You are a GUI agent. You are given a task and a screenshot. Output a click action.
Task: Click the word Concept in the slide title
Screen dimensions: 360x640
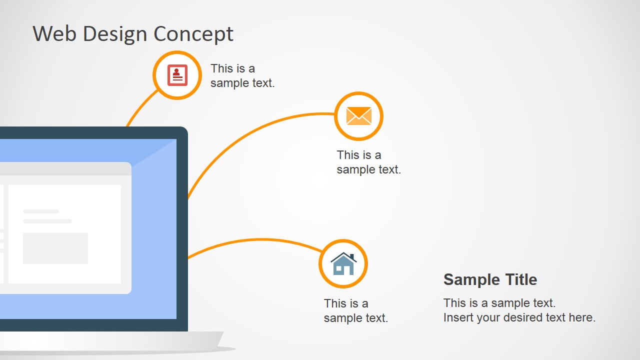click(193, 34)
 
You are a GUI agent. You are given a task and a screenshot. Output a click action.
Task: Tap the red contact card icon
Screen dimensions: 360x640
click(177, 75)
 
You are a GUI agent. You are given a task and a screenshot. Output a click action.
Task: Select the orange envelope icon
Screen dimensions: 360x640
click(358, 116)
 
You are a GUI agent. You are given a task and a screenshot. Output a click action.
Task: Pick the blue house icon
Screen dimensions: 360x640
click(343, 264)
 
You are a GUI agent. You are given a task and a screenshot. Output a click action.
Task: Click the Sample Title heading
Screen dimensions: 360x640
click(490, 279)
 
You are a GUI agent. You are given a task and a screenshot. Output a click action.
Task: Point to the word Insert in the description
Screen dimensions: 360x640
click(457, 317)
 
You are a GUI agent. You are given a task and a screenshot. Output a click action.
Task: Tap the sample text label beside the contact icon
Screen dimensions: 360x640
click(242, 75)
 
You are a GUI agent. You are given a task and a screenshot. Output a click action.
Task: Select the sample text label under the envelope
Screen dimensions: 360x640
click(368, 162)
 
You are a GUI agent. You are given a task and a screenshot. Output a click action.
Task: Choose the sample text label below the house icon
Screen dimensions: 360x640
click(355, 310)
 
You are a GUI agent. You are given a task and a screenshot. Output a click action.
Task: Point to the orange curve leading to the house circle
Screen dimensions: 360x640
click(260, 239)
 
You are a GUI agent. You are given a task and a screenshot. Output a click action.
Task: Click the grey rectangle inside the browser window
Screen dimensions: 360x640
click(55, 248)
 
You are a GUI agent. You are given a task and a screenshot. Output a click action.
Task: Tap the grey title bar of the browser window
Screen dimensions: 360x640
click(65, 168)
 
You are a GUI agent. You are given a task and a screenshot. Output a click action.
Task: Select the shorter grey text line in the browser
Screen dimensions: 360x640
click(41, 211)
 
